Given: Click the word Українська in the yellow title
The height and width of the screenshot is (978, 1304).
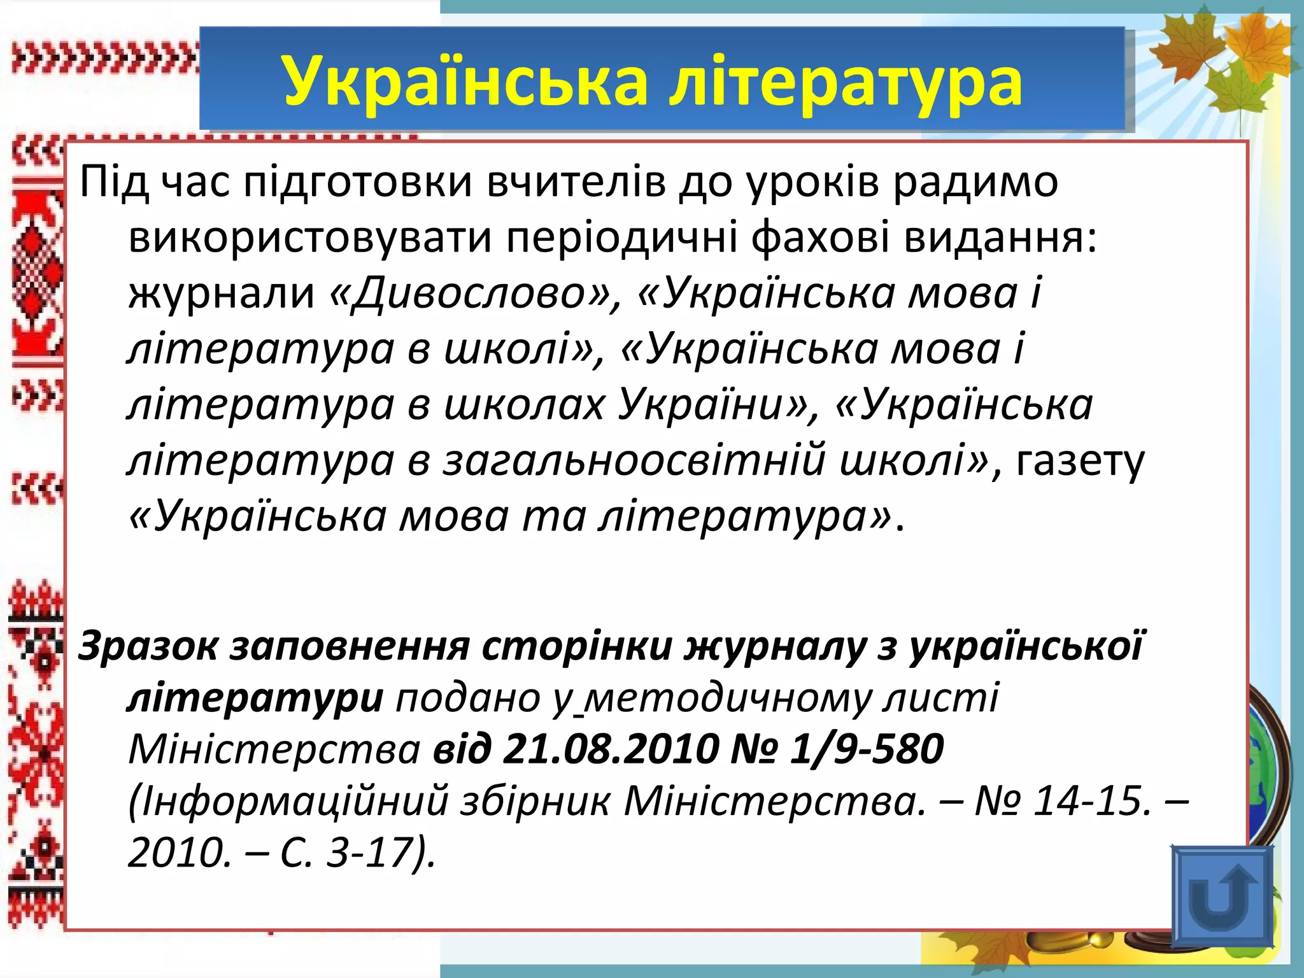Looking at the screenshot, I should [x=465, y=81].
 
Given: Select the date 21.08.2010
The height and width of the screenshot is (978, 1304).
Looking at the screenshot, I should [x=611, y=749].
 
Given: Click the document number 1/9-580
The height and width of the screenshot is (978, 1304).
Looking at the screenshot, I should [x=867, y=749].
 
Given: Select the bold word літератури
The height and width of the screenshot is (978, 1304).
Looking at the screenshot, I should [x=255, y=698].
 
